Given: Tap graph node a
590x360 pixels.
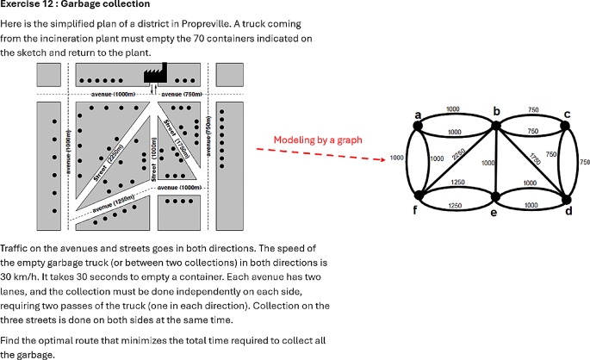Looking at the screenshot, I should click(419, 127).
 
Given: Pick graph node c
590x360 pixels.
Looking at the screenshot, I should click(568, 127).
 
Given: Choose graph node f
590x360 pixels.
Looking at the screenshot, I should click(419, 200).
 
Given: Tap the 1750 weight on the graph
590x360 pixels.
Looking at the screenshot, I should click(536, 160).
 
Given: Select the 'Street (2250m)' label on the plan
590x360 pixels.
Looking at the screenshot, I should click(107, 162).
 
